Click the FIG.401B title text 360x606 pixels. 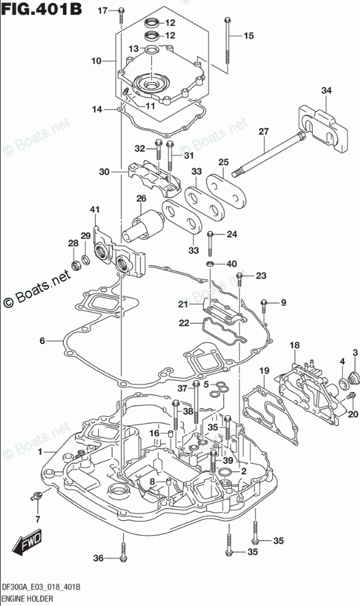(41, 9)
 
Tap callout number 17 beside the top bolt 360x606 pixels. (102, 11)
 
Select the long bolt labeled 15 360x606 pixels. (228, 44)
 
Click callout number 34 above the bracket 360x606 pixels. (326, 90)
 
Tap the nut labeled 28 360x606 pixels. (75, 265)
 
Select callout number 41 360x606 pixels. (94, 210)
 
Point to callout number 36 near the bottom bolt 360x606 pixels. (99, 558)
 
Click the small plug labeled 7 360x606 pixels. (37, 496)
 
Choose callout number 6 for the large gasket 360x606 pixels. (42, 340)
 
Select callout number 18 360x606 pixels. (295, 345)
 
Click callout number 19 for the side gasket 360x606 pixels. (264, 372)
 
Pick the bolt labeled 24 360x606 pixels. (210, 244)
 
